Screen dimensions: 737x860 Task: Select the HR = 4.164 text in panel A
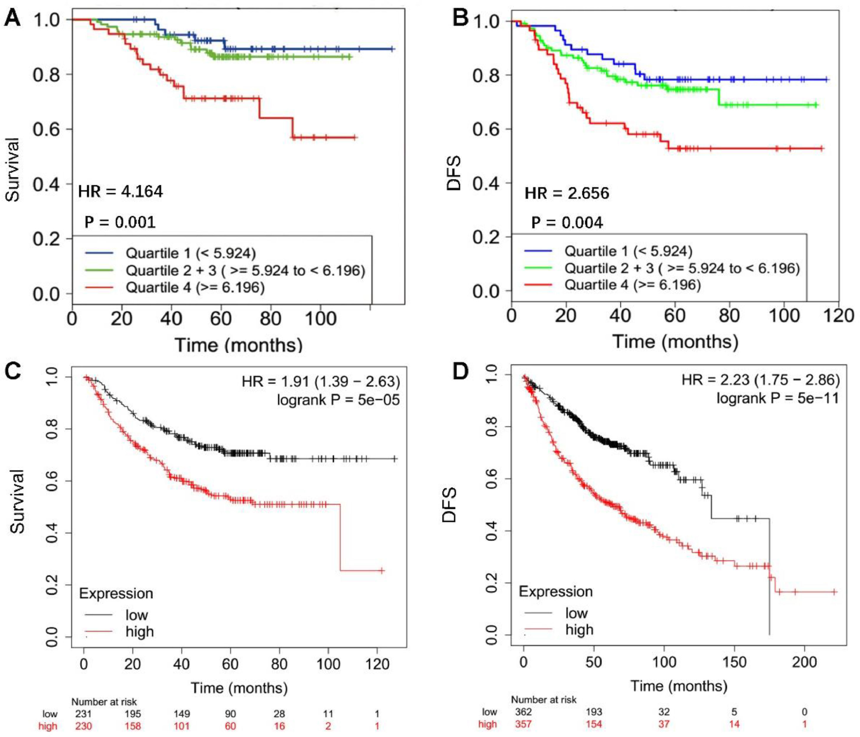(120, 191)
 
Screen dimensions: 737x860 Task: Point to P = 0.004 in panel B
(567, 223)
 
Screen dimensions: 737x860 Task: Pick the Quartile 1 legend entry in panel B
(628, 251)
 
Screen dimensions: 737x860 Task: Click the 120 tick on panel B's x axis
(838, 316)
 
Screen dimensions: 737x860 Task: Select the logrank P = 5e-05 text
(338, 400)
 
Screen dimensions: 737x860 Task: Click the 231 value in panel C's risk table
(83, 714)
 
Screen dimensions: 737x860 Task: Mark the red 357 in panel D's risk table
(523, 724)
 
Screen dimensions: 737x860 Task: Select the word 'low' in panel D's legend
(576, 613)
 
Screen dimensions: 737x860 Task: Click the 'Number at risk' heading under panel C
(104, 702)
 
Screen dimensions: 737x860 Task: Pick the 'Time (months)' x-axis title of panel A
(238, 345)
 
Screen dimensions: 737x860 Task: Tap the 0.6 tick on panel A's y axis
(47, 129)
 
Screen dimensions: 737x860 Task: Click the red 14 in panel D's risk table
(734, 724)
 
